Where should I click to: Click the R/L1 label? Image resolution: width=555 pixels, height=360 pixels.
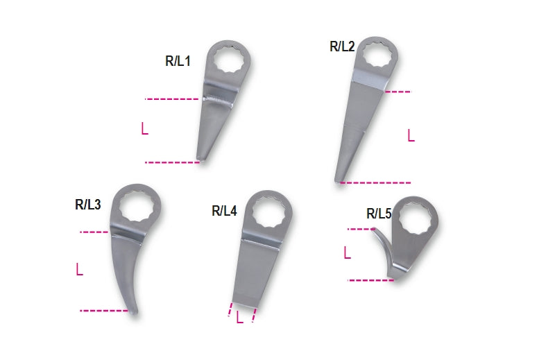(178, 61)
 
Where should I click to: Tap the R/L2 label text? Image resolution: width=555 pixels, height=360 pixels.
(342, 46)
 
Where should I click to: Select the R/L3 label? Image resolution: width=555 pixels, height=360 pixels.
(88, 205)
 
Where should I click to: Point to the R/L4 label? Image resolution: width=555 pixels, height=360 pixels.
(224, 211)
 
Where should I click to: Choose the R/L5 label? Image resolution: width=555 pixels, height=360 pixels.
(379, 214)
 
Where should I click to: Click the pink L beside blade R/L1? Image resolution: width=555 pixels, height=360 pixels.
(144, 128)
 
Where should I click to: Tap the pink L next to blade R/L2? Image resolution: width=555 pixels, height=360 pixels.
(411, 135)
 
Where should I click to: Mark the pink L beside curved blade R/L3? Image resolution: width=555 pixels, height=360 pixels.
(80, 269)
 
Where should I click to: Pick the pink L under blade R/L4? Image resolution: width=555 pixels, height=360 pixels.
(239, 318)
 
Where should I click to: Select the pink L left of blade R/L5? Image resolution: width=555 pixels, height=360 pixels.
(348, 252)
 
